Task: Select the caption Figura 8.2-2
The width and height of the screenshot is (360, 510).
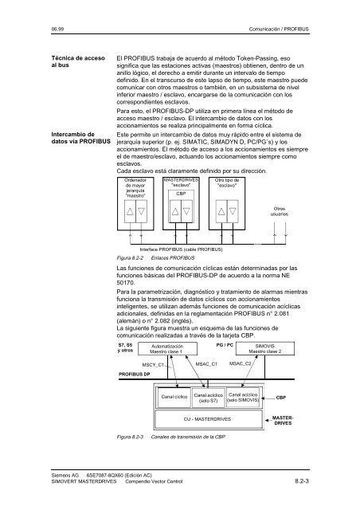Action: pyautogui.click(x=128, y=259)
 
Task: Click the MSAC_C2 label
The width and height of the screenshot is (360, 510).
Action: pyautogui.click(x=241, y=363)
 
